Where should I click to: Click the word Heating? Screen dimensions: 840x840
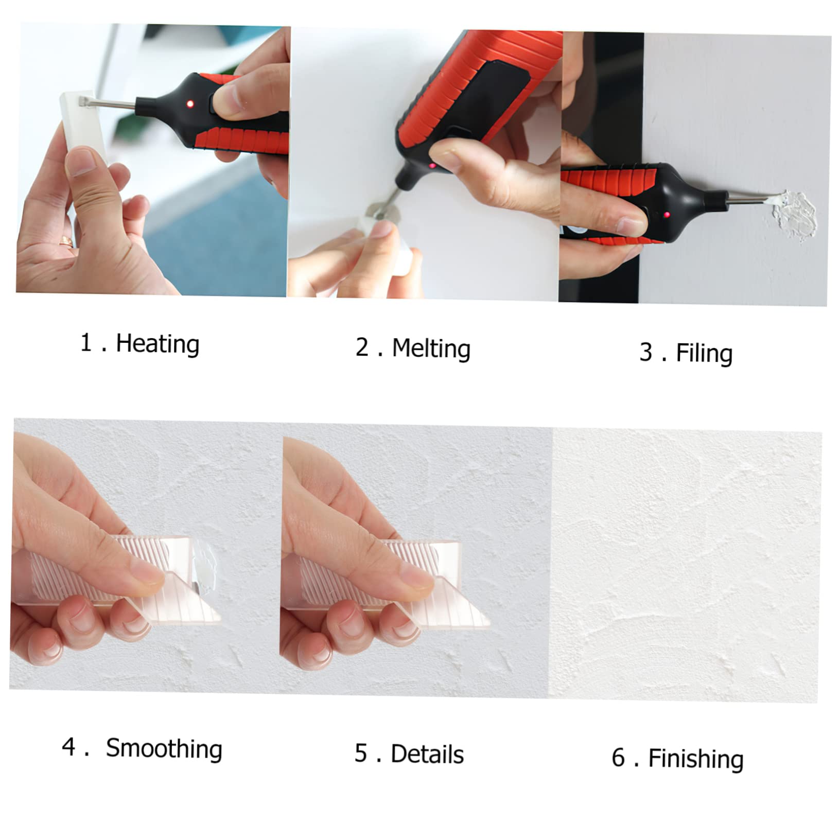pyautogui.click(x=157, y=344)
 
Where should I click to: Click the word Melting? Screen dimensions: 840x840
pyautogui.click(x=431, y=349)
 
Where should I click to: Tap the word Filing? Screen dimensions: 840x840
pyautogui.click(x=704, y=354)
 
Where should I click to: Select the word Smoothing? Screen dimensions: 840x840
pyautogui.click(x=164, y=749)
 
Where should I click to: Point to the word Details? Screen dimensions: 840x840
pyautogui.click(x=427, y=755)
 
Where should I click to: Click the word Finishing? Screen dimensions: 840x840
pyautogui.click(x=695, y=759)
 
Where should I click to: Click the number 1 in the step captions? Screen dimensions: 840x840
pyautogui.click(x=86, y=343)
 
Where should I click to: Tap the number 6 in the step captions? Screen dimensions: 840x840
pyautogui.click(x=618, y=758)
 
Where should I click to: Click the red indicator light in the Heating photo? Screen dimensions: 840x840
pyautogui.click(x=190, y=104)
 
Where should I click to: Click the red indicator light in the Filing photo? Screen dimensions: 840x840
pyautogui.click(x=667, y=215)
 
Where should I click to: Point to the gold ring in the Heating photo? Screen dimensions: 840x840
pyautogui.click(x=66, y=240)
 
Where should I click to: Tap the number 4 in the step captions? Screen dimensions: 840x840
pyautogui.click(x=68, y=747)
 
